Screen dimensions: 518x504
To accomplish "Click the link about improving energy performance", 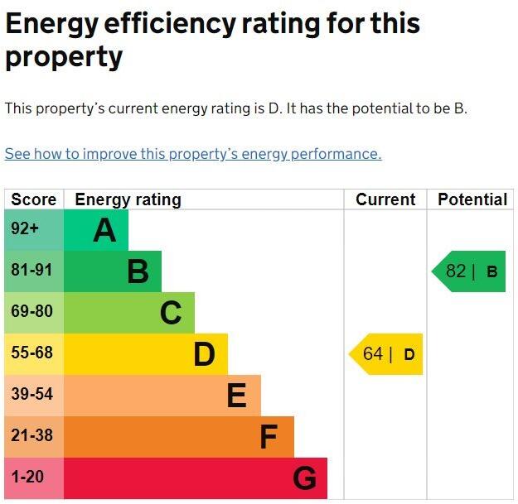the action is click(193, 154).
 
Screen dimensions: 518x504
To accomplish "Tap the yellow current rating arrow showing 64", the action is click(386, 354).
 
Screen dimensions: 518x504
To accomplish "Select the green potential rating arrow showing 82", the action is click(468, 271).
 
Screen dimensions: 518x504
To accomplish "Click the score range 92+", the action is click(25, 228).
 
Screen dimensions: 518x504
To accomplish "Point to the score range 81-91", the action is click(31, 270).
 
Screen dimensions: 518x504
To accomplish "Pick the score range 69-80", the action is click(31, 311).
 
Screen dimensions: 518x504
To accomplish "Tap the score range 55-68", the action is click(31, 353).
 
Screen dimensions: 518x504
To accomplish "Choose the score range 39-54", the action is click(31, 394).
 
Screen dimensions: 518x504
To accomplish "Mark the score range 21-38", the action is click(31, 435).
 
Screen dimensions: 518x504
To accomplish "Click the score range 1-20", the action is click(27, 477).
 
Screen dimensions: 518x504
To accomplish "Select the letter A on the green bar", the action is click(104, 230).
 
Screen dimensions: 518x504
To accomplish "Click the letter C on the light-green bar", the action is click(171, 313).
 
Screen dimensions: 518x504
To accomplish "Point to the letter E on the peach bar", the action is click(237, 395).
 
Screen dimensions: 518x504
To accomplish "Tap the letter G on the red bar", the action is click(305, 478).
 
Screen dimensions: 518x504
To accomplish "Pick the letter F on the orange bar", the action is click(269, 437).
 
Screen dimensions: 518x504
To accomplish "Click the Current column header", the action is click(385, 199).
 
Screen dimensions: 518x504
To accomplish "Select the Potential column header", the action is click(472, 199).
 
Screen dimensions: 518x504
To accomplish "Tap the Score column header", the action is click(34, 199).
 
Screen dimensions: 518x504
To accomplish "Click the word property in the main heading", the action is click(64, 57).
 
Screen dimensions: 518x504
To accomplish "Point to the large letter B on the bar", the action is click(138, 271).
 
